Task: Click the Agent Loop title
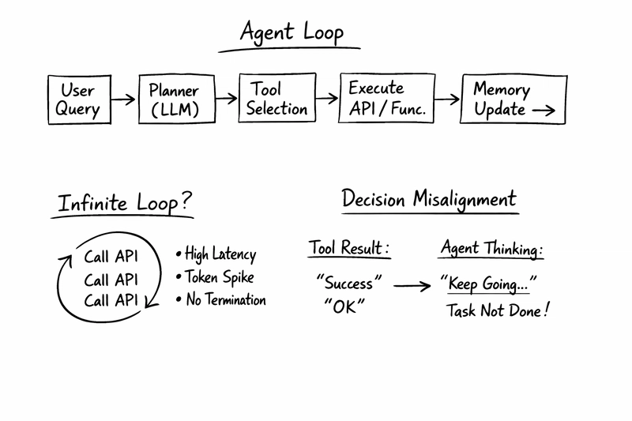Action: point(292,34)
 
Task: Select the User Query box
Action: point(77,100)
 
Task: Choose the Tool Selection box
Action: point(276,99)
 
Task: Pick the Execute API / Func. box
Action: point(387,99)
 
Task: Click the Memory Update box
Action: point(513,100)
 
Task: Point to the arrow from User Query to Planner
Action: point(122,100)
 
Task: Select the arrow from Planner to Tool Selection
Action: point(226,99)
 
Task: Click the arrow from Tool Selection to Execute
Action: point(326,100)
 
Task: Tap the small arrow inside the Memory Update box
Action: point(544,111)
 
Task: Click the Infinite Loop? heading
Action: point(124,202)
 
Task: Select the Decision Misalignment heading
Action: point(429,199)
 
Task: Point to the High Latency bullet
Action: point(216,254)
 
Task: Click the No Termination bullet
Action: point(221,300)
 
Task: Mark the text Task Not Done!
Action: point(497,310)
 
